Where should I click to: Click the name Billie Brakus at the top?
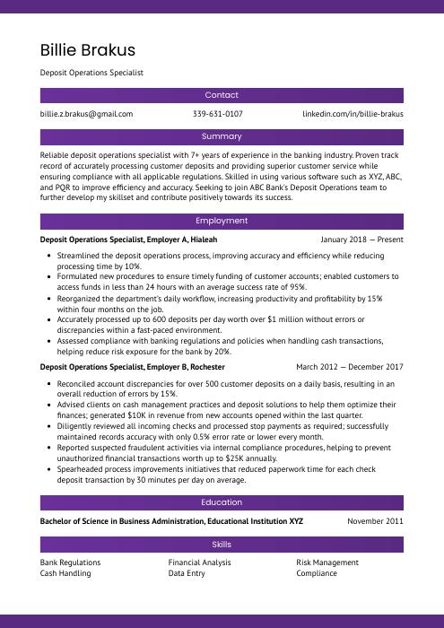[x=88, y=49]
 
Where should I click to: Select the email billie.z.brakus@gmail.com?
[x=86, y=114]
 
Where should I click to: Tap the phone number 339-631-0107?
[x=217, y=114]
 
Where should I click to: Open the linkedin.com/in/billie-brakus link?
[x=353, y=114]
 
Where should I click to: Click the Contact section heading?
[x=222, y=95]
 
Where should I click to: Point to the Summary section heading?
[x=222, y=136]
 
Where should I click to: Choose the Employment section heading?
[x=222, y=221]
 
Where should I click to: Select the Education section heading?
[x=222, y=502]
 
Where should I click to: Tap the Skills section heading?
[x=222, y=545]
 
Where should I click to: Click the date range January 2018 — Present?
[x=361, y=240]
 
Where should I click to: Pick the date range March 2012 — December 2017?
[x=350, y=367]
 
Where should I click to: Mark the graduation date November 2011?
[x=375, y=521]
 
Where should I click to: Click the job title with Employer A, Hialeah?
[x=128, y=240]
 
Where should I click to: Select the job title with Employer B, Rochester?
[x=133, y=367]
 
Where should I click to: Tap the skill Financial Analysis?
[x=199, y=563]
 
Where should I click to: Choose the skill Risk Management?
[x=327, y=563]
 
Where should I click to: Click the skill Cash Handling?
[x=65, y=573]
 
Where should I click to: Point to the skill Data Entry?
[x=187, y=573]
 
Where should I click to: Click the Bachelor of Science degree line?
[x=171, y=521]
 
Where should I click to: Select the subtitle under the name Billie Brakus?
[x=91, y=73]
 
